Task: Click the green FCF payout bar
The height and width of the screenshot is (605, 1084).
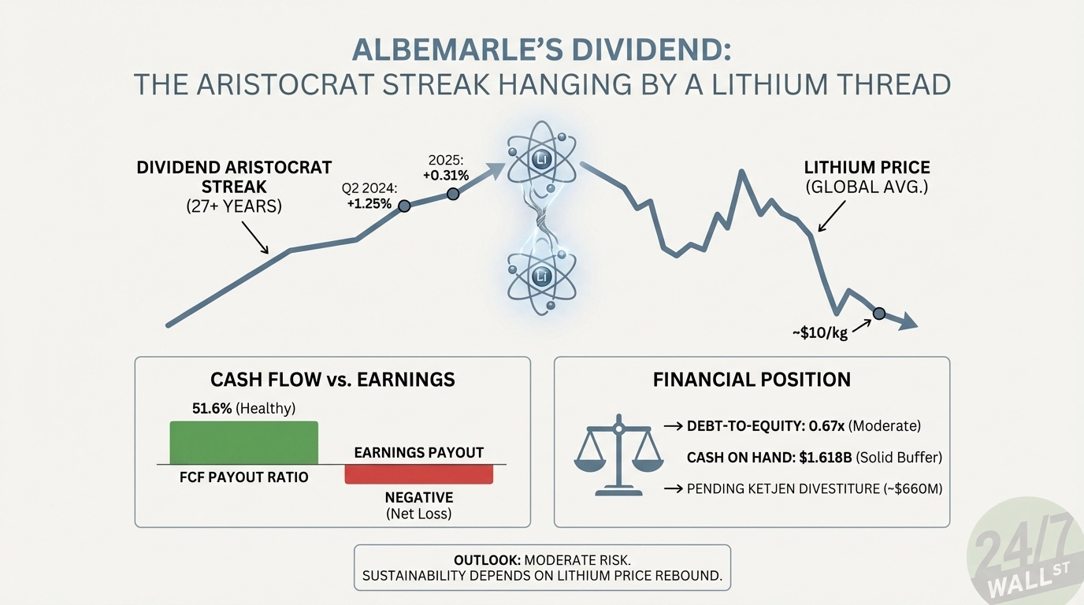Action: click(x=244, y=443)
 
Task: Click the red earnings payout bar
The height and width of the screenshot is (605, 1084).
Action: click(x=418, y=473)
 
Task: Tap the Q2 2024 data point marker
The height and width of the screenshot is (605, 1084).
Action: click(x=404, y=206)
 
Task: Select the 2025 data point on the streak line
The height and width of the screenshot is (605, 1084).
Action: click(x=452, y=195)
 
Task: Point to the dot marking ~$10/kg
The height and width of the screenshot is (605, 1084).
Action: click(x=879, y=314)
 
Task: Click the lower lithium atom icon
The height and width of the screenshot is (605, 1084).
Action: click(x=541, y=276)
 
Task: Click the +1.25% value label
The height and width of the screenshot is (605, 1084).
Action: click(x=369, y=203)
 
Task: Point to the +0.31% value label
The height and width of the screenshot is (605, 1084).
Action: click(x=445, y=175)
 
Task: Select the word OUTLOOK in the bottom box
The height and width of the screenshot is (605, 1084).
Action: click(x=486, y=559)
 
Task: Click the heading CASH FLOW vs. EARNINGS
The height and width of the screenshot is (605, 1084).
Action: click(x=332, y=380)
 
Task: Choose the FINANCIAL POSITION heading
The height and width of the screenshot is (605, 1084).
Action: click(x=752, y=380)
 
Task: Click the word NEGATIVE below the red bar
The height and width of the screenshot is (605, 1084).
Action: click(x=418, y=497)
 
